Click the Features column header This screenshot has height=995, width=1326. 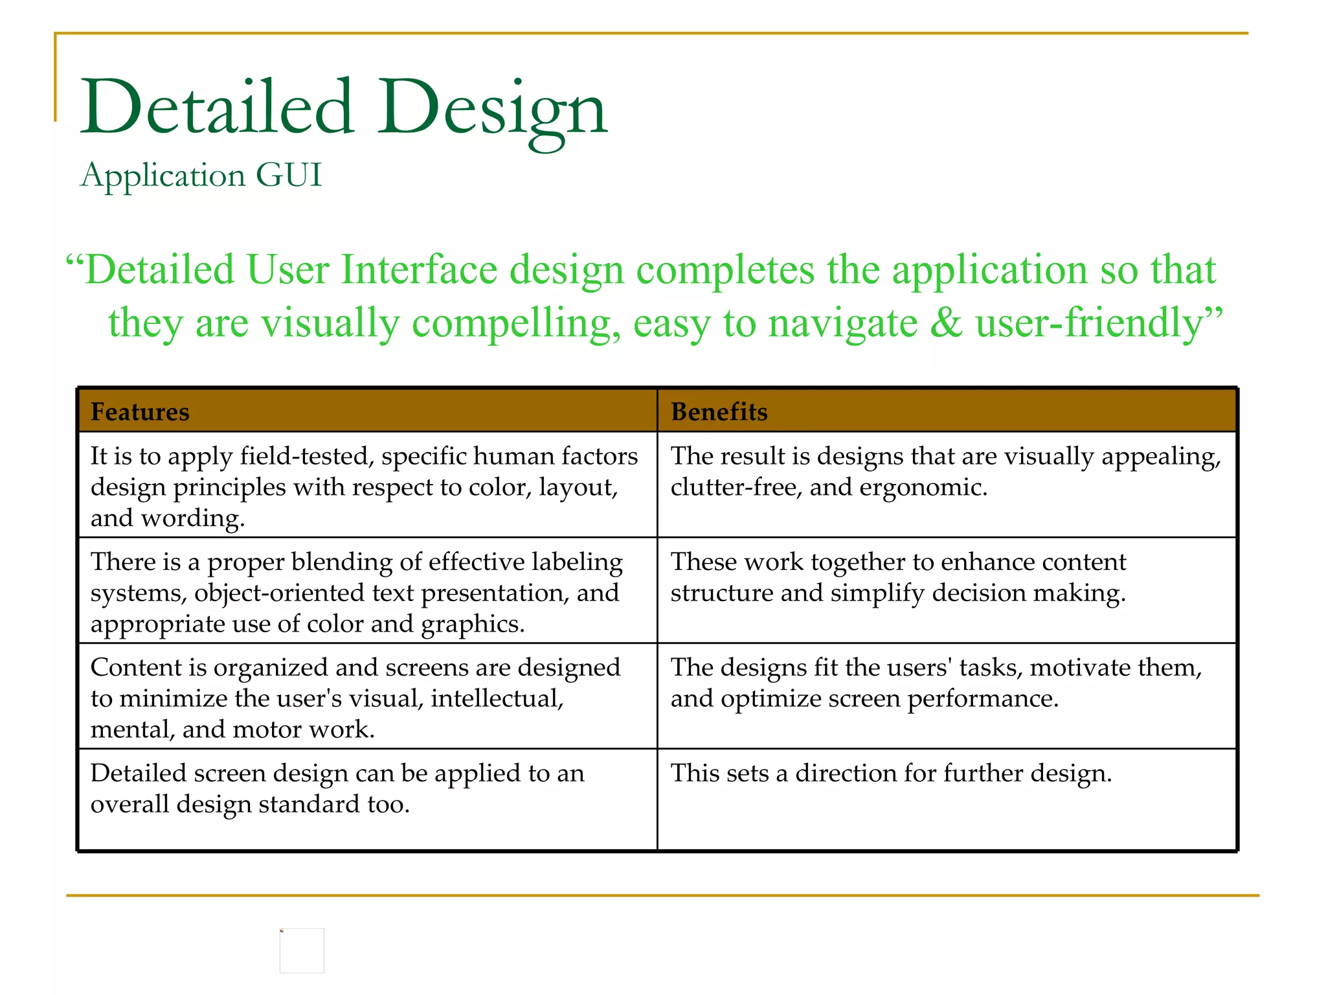140,412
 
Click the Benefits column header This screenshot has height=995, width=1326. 719,412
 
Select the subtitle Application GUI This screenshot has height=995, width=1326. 201,175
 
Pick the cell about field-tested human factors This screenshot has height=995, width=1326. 366,486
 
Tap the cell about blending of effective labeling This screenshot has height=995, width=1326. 366,591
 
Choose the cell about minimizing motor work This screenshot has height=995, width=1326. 366,697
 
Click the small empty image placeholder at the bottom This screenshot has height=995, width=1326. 302,950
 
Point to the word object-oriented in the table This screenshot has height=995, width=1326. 304,593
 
